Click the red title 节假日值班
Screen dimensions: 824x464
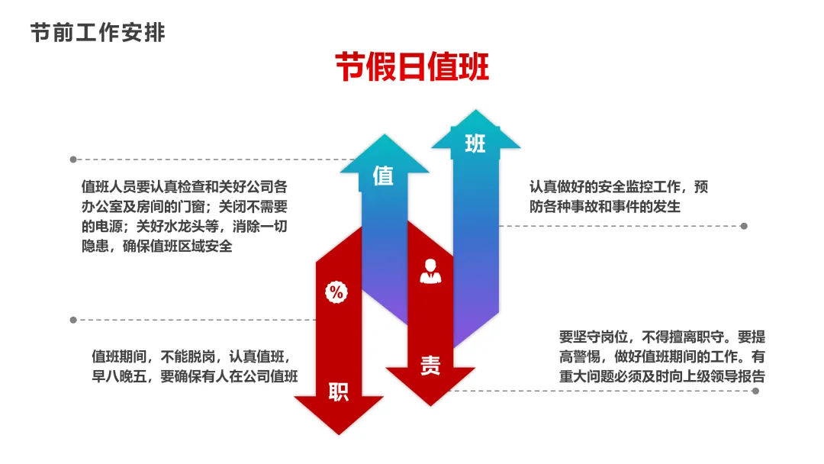tap(412, 67)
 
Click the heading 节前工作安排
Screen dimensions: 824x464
tap(98, 33)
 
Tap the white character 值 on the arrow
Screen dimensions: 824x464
tap(383, 176)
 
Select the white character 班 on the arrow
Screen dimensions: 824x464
tap(475, 143)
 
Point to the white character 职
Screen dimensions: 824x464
tap(338, 392)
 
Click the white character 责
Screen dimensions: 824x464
tap(430, 366)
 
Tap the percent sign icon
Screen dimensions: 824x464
tap(336, 291)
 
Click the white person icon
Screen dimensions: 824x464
tap(430, 270)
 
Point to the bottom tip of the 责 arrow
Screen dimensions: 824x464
tap(430, 404)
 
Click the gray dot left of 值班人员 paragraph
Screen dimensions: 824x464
tap(73, 159)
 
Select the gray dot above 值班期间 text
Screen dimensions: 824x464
tap(73, 320)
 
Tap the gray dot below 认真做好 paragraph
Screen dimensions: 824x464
tap(744, 226)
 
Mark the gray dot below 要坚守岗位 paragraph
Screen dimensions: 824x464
tap(755, 391)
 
